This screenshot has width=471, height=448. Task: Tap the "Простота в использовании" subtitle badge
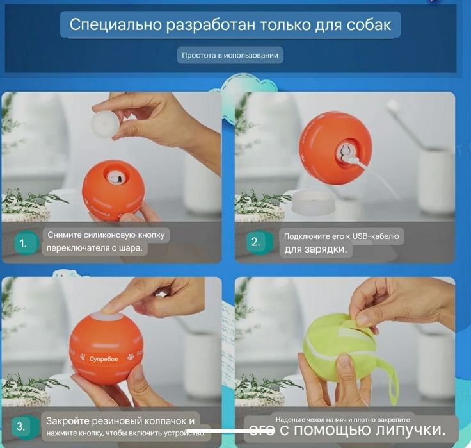pos(230,56)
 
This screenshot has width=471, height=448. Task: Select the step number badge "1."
pos(24,243)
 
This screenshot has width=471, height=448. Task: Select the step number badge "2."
pos(256,242)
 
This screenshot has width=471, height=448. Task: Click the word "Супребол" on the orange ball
pos(104,358)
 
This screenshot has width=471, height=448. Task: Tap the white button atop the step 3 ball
pos(108,317)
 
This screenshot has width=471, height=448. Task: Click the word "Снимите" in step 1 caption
pos(65,235)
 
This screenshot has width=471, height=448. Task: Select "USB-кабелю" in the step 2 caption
pos(377,236)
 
